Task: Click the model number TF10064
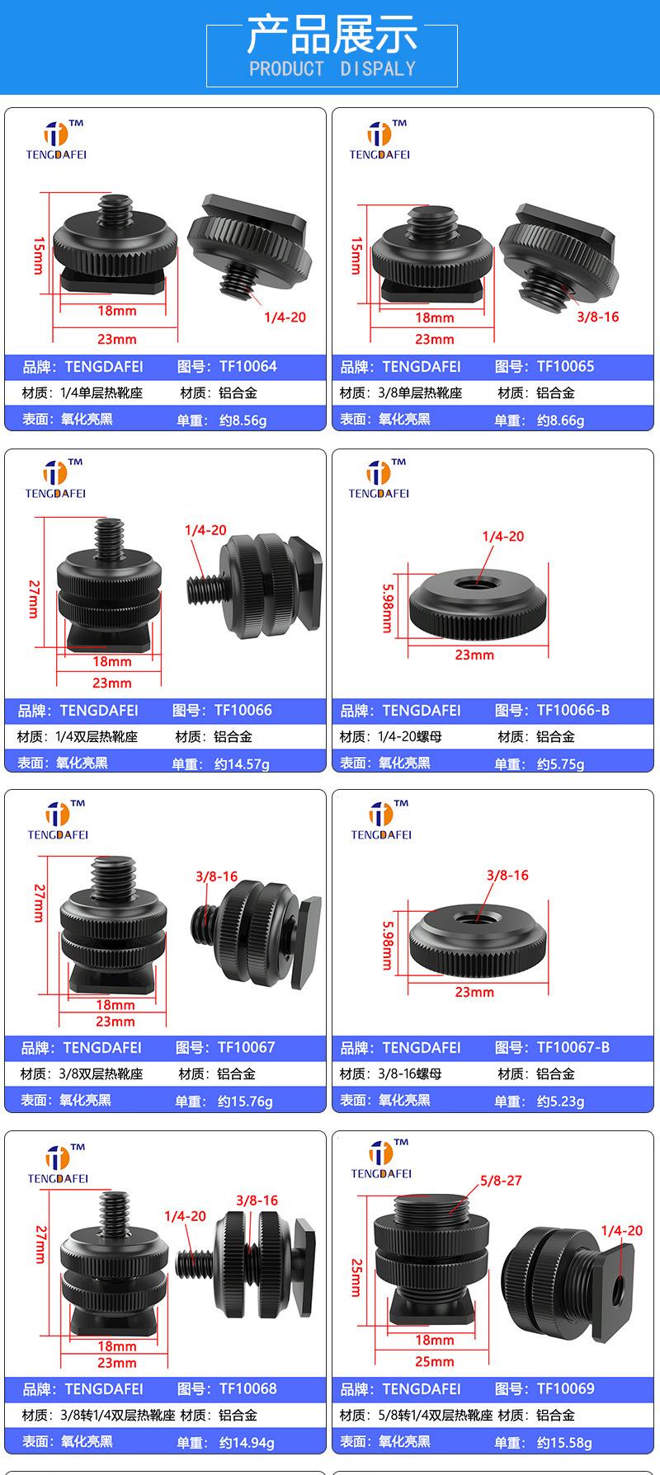(247, 367)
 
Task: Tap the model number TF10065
(565, 367)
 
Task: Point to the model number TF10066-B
(573, 710)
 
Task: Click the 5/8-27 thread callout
(501, 1181)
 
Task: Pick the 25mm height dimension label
(356, 1277)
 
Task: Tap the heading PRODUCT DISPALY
(332, 68)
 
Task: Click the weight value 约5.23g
(560, 1102)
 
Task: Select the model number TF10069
(565, 1388)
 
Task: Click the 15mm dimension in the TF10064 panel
(38, 256)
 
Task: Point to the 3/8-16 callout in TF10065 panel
(597, 317)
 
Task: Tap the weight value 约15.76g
(245, 1102)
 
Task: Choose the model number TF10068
(247, 1388)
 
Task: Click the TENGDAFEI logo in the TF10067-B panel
(381, 820)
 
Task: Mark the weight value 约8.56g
(243, 420)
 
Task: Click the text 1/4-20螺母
(410, 736)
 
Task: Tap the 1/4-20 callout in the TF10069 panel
(621, 1231)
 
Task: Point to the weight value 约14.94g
(247, 1443)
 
